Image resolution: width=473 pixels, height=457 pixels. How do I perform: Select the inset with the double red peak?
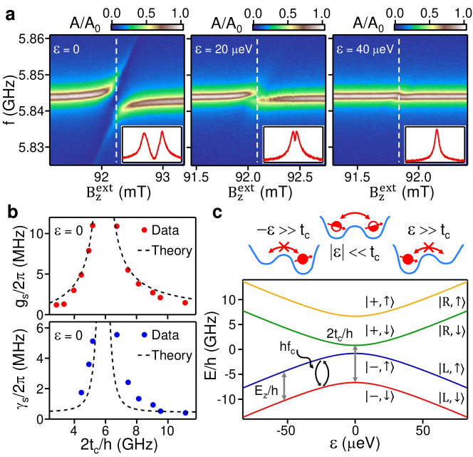tap(150, 144)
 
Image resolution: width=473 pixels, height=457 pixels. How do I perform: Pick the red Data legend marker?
tap(145, 229)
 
